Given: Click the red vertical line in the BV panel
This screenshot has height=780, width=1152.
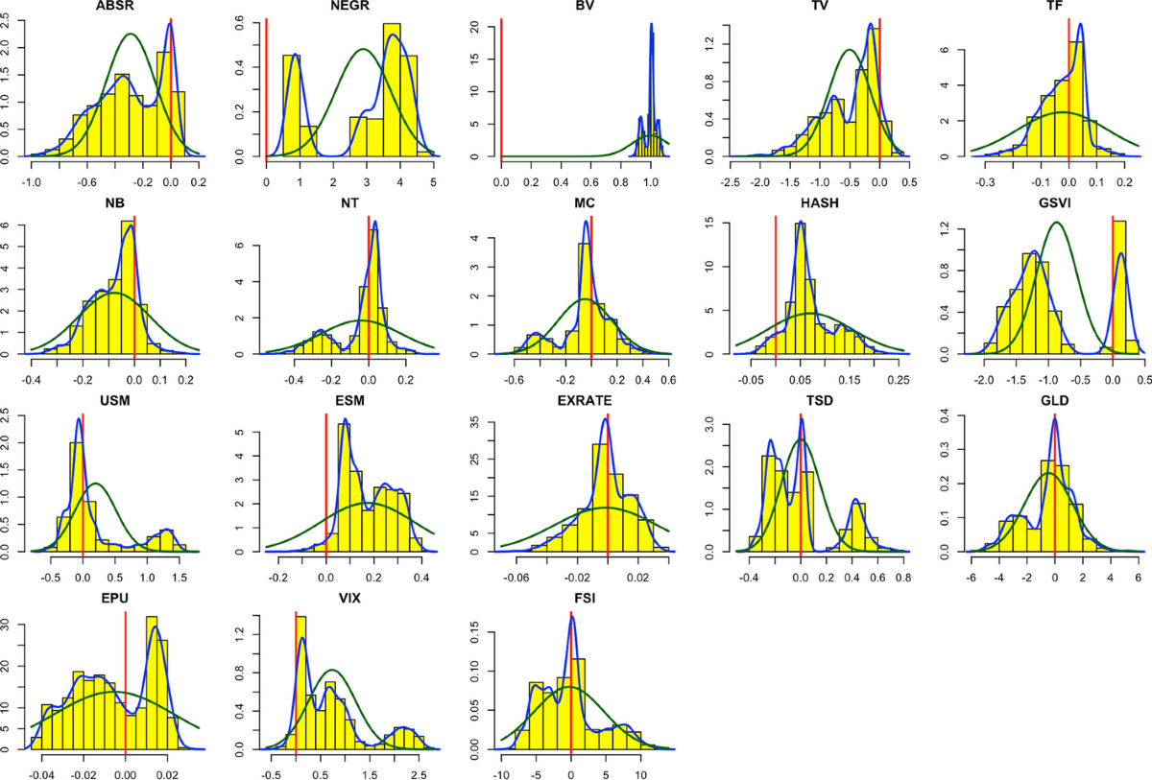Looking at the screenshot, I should (501, 86).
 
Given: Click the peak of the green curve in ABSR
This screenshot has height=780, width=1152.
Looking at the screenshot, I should (131, 35).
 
